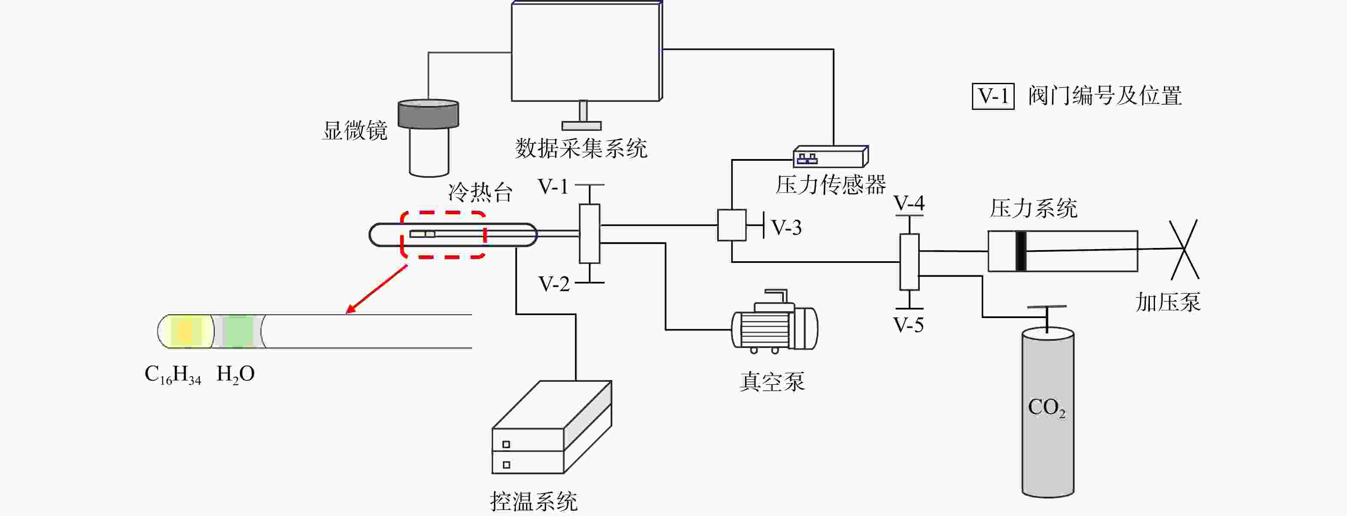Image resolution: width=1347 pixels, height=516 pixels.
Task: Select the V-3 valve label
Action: pos(786,227)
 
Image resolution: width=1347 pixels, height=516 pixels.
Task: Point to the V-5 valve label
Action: pos(909,325)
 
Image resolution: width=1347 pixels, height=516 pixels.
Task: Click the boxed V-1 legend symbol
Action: pos(993,96)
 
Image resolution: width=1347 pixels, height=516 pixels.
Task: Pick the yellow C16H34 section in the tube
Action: pos(186,331)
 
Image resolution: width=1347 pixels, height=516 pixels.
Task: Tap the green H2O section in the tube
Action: pos(239,331)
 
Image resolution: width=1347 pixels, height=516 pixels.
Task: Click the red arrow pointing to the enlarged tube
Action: pos(376,289)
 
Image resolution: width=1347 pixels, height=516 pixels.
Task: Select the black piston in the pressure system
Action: pos(1021,251)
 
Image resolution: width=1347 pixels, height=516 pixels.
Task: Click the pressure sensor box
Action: pos(831,156)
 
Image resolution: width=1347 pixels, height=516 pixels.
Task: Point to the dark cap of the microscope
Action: pos(428,114)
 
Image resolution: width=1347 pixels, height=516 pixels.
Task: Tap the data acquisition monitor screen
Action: pos(586,52)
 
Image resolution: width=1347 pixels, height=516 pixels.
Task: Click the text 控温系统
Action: pos(534,502)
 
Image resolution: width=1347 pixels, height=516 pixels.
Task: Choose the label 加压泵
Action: pos(1168,302)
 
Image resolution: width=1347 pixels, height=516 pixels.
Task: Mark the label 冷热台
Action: pos(480,192)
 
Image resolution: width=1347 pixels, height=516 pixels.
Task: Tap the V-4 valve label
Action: pos(909,203)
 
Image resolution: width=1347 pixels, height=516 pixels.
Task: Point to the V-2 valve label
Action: pos(554,284)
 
